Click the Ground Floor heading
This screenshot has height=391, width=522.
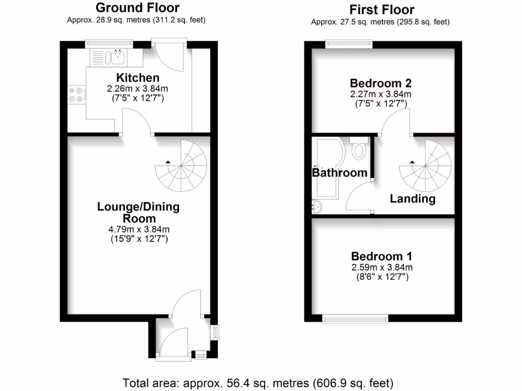(138, 8)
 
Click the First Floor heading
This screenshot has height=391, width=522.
(382, 10)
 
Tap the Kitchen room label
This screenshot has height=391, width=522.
(138, 78)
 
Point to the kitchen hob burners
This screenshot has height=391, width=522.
(76, 95)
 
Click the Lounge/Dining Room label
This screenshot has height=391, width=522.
(138, 212)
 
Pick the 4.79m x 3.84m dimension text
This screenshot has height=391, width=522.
(138, 229)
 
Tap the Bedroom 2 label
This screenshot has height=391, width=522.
(381, 83)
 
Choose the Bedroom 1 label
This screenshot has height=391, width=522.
(382, 256)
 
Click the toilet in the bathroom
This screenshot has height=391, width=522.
(360, 149)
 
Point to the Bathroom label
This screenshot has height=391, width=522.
(340, 173)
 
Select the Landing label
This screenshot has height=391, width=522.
(413, 199)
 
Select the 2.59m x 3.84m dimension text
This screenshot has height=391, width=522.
(382, 267)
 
